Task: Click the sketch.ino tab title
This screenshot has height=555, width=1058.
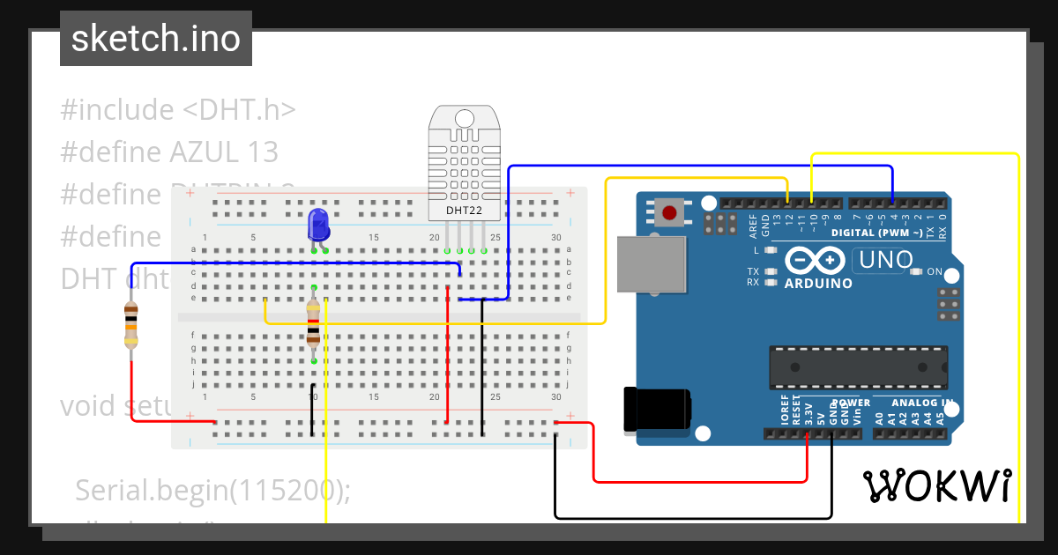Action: coord(155,39)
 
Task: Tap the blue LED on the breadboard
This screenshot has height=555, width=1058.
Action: coord(318,225)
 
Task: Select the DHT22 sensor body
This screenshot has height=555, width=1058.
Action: coord(464,163)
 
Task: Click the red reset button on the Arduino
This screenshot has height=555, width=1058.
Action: coord(669,212)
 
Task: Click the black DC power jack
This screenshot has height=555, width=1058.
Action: coord(656,410)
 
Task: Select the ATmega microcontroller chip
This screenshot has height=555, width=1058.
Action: coord(858,367)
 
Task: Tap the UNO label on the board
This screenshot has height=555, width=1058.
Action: coord(879,261)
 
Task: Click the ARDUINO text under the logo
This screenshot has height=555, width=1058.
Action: coord(818,284)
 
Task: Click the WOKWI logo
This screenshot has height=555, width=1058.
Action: coord(936,485)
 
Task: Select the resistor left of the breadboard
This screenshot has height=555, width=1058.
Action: coord(131,324)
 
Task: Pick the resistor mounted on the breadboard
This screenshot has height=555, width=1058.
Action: coord(313,322)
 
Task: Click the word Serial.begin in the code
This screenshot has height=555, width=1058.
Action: coord(151,490)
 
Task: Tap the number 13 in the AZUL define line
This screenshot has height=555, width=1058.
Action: coord(263,152)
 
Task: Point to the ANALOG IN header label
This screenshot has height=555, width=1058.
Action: coord(922,403)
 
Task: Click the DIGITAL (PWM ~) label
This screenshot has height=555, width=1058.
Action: coord(876,233)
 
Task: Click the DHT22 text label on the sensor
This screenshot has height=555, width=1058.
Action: coord(464,211)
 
